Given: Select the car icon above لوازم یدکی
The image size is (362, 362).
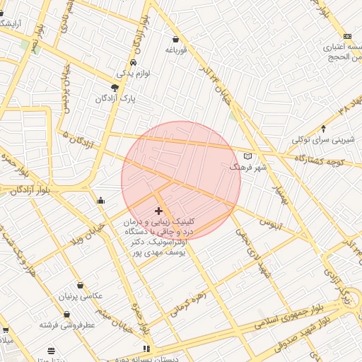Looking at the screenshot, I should click(133, 62).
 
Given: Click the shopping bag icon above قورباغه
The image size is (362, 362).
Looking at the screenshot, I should click(175, 40).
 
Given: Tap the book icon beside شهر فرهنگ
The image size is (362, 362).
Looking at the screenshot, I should click(247, 156).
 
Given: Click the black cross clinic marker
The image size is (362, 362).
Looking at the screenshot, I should click(158, 211).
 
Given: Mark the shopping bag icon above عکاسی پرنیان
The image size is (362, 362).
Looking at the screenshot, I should click(80, 285).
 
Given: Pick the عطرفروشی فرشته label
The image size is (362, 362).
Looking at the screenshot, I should click(66, 325).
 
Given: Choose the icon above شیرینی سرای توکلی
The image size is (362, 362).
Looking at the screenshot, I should click(324, 129).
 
